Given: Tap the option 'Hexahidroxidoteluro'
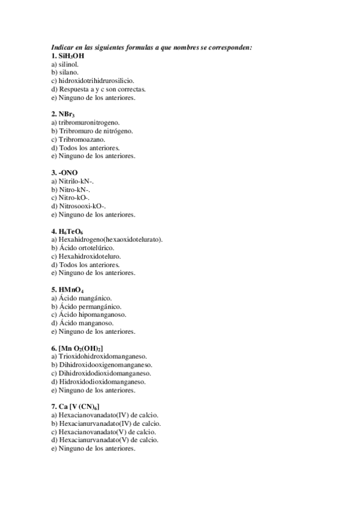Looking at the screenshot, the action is pos(88,256).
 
